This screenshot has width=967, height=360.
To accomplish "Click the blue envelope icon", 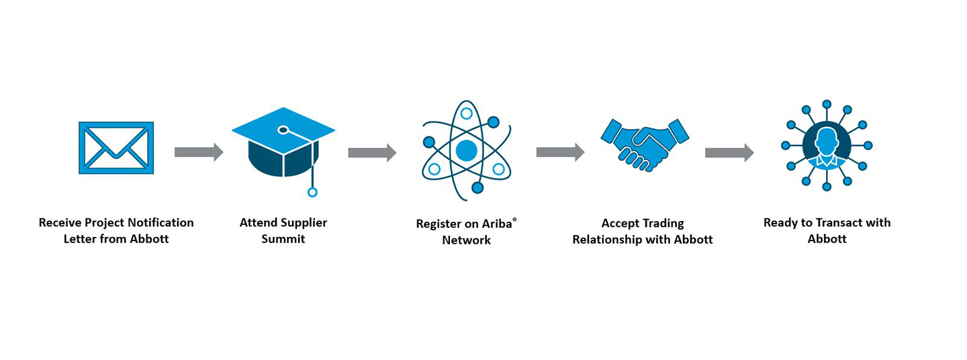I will point(116,148).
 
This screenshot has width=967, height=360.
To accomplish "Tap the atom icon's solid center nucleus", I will point(466,150).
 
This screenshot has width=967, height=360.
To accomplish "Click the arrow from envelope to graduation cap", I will point(199,152).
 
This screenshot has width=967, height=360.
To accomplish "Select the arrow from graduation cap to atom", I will point(372,152).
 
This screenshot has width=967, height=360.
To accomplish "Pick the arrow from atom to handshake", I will point(560,152).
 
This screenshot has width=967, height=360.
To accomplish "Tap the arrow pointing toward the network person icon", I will point(729,152).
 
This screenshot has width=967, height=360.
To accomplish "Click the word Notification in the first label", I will point(160,222).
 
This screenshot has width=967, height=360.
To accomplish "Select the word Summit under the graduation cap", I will point(283,239).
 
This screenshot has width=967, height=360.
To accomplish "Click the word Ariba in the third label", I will point(496,224).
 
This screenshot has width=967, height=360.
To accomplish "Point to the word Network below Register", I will point(466,240).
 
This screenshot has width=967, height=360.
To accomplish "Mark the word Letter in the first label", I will point(80,239).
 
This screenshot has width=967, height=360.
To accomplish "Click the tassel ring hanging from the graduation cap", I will point(312,192).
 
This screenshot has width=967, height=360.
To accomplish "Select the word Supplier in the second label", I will point(302,222).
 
